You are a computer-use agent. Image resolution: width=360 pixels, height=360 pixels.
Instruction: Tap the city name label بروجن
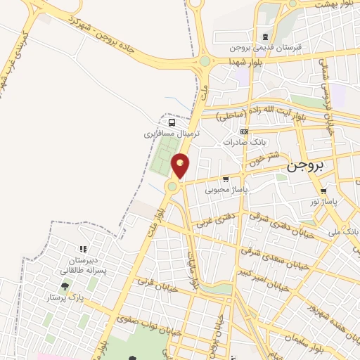(x=308, y=167)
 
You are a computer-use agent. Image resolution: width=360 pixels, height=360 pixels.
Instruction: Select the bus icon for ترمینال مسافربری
(x=172, y=122)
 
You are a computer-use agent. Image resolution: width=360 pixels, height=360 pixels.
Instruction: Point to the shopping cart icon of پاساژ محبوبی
(x=225, y=179)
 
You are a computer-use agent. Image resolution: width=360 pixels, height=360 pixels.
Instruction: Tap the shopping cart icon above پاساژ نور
(x=323, y=191)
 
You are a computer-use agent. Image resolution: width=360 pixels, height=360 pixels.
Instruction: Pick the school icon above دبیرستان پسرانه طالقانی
(x=83, y=249)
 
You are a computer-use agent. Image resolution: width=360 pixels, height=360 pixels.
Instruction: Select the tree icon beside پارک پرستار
(x=65, y=286)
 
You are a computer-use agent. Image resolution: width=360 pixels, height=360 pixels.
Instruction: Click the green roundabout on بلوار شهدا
(x=205, y=61)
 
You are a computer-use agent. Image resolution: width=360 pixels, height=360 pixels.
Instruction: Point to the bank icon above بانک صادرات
(x=244, y=131)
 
